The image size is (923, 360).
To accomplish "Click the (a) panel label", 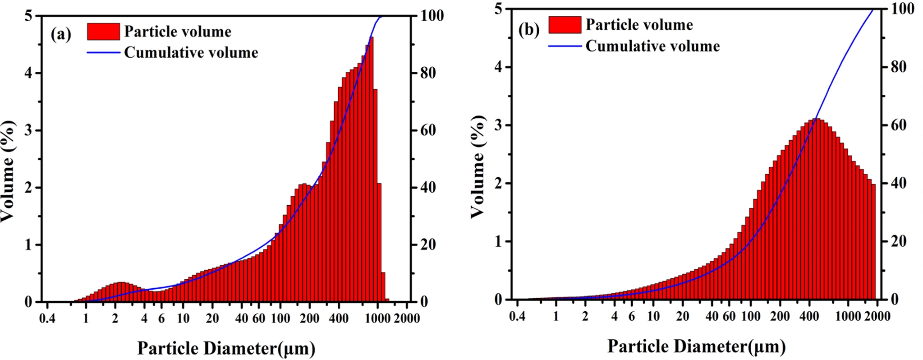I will (x=61, y=34).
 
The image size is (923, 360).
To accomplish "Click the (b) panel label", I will (x=529, y=30).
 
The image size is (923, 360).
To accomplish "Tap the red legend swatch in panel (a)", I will (x=103, y=32).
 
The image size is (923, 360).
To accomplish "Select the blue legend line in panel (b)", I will (x=565, y=46).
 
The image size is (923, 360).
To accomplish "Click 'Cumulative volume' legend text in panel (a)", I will (x=191, y=53).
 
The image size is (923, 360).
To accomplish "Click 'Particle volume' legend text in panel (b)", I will (x=639, y=25).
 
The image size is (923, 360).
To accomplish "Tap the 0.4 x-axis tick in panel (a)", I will (x=47, y=318).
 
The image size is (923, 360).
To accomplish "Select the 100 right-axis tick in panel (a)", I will (x=432, y=16).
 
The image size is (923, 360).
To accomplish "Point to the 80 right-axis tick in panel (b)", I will (x=898, y=67).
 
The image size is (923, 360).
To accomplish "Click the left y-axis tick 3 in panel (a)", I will (x=29, y=131).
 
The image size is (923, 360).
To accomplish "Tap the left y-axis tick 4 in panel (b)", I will (x=498, y=67).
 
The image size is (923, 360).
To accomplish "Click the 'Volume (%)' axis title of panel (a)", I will (x=8, y=171).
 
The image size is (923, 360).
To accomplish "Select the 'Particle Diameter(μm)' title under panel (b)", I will (x=696, y=346).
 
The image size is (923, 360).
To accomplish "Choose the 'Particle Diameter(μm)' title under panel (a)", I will (x=226, y=348).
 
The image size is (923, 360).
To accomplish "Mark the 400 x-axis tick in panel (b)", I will (x=809, y=316).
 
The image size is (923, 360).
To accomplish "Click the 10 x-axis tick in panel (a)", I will (x=183, y=318).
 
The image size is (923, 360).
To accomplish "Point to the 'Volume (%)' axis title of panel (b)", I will (x=478, y=167).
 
